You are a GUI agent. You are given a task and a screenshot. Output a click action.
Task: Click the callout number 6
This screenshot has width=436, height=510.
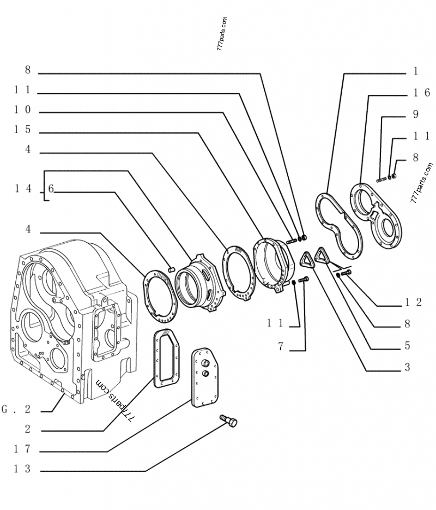pyautogui.click(x=51, y=189)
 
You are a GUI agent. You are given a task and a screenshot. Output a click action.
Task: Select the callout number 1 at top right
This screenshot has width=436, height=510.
pyautogui.click(x=415, y=71)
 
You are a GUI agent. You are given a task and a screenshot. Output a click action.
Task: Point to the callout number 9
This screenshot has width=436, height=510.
pyautogui.click(x=415, y=114)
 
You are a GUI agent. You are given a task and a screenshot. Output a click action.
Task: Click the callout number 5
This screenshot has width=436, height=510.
pyautogui.click(x=407, y=346)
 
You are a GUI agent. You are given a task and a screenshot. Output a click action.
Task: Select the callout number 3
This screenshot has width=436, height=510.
pyautogui.click(x=407, y=367)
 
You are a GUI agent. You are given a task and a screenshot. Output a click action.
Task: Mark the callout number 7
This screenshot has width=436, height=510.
pyautogui.click(x=281, y=346)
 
